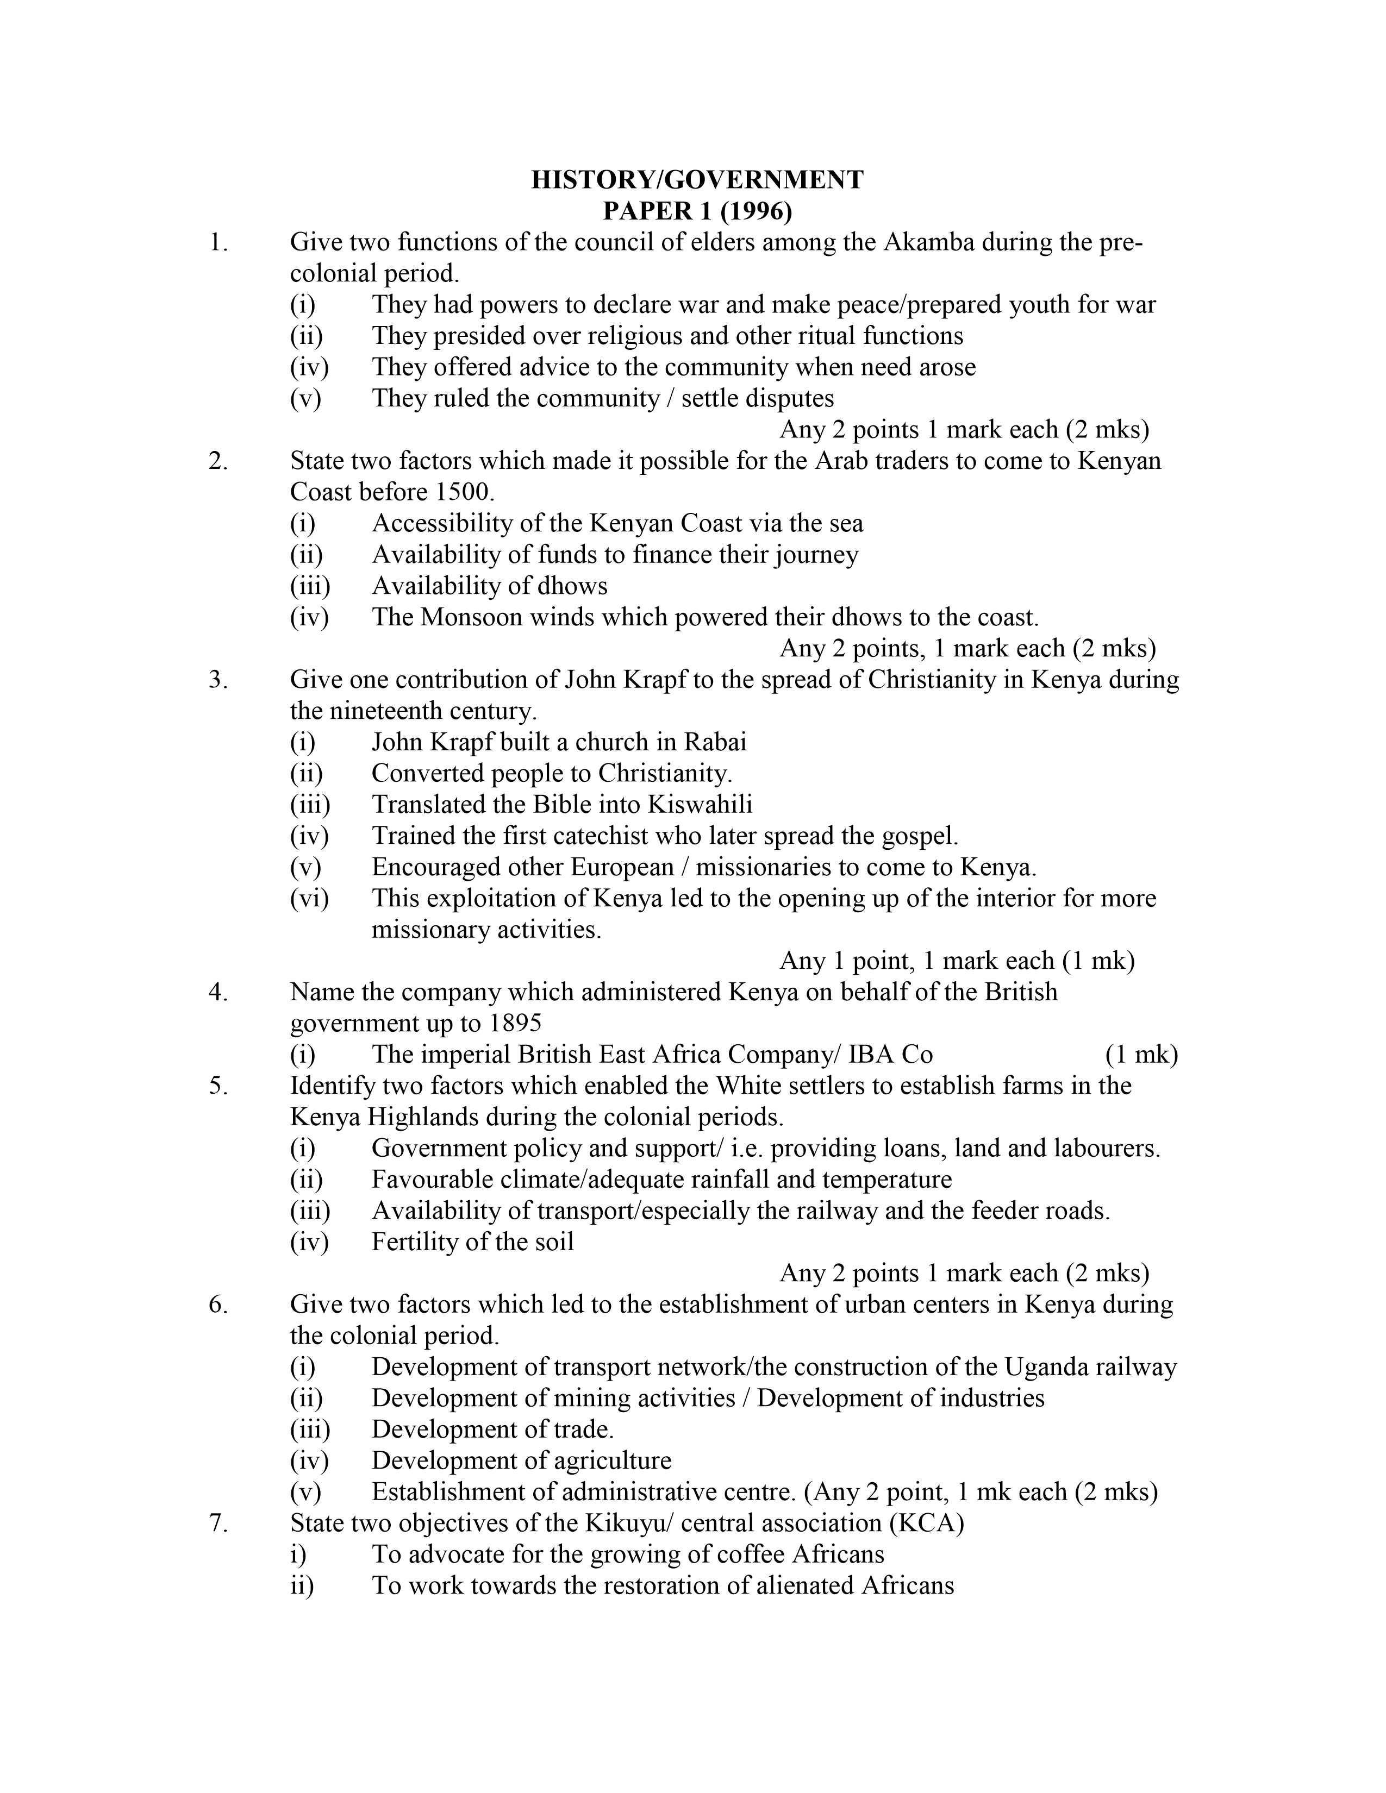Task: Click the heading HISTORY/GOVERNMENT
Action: pos(697,180)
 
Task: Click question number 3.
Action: pos(218,680)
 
